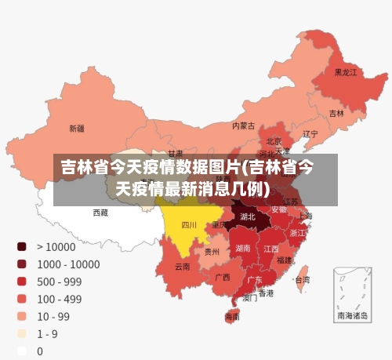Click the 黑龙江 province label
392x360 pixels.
pos(346,72)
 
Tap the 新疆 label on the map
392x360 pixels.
pos(77,128)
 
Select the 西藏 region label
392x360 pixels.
pos(100,212)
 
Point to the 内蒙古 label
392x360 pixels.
pos(243,125)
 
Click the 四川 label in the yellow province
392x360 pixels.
pos(189,225)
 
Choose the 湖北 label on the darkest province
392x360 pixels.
pos(247,216)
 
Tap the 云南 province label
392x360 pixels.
pos(182,267)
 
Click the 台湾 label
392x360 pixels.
pos(301,279)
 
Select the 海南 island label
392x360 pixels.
pos(233,317)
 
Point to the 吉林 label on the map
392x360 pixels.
pos(336,114)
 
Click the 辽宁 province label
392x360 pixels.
pos(310,134)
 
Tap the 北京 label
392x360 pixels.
pos(274,141)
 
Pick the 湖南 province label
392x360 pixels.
pos(243,249)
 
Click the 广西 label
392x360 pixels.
pos(223,277)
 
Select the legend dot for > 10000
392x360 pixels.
pos(22,246)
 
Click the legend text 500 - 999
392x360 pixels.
pos(59,281)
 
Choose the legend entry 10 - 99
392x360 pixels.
pos(53,316)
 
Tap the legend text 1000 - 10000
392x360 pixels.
pos(67,264)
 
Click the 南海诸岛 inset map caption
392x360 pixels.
pos(352,316)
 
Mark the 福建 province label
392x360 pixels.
pos(284,260)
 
